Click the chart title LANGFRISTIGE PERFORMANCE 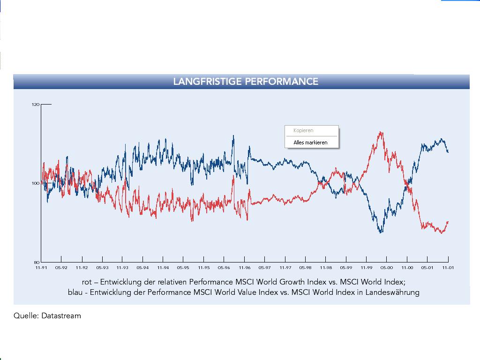click(x=246, y=82)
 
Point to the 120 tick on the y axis click(x=36, y=105)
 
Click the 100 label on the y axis click(x=36, y=183)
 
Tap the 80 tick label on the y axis click(x=36, y=262)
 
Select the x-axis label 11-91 click(x=41, y=268)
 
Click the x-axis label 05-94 click(x=142, y=268)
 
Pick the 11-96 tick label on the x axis click(x=244, y=268)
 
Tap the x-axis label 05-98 click(x=305, y=268)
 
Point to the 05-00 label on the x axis click(x=386, y=268)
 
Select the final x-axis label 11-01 click(x=448, y=268)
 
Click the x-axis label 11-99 click(x=366, y=268)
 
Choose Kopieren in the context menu click(x=303, y=131)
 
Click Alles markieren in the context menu click(x=310, y=142)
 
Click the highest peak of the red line click(x=381, y=132)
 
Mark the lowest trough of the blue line click(x=381, y=232)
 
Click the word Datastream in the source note click(x=61, y=316)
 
